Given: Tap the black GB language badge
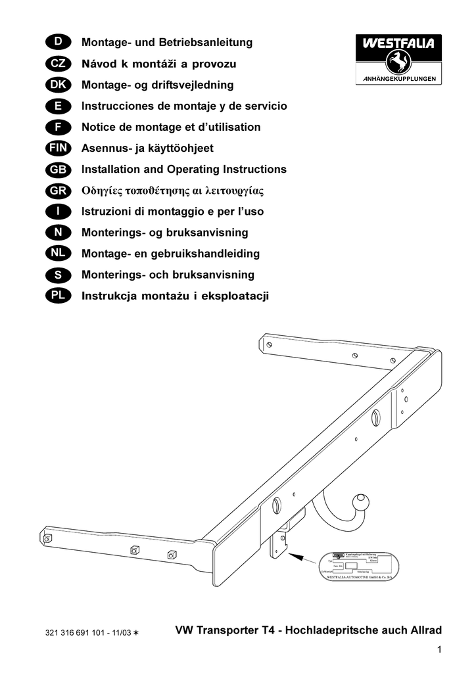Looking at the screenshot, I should [x=59, y=170].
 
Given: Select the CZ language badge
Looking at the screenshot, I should [x=59, y=64].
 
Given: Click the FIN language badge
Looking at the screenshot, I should [x=59, y=149].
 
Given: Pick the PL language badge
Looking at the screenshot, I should [x=59, y=296].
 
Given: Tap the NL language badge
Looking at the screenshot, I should [x=59, y=254].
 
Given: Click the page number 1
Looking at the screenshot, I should [x=437, y=651].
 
